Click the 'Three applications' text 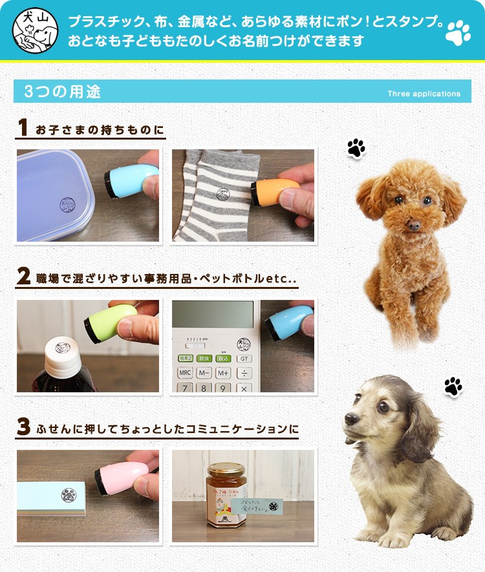(424, 94)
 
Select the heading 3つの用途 (63, 92)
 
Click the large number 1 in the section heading (23, 128)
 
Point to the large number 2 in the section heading (23, 277)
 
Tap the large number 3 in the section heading (23, 427)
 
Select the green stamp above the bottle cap (110, 322)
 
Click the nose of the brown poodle (413, 226)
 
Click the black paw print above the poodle (356, 148)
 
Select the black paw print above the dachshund (453, 387)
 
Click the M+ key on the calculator (223, 373)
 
